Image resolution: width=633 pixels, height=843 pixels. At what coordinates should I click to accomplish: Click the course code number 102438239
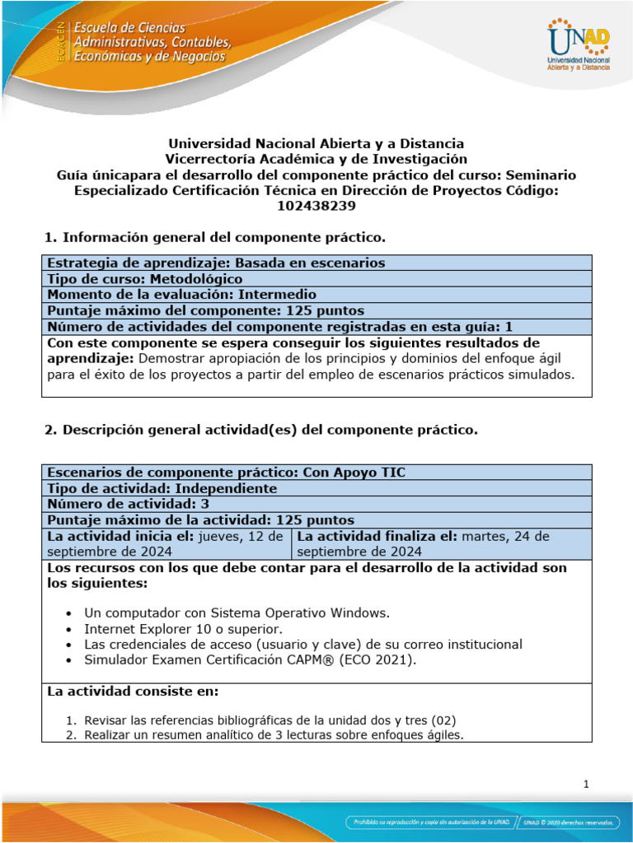pyautogui.click(x=316, y=207)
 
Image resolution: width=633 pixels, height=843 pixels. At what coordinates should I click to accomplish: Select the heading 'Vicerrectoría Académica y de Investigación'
pyautogui.click(x=316, y=159)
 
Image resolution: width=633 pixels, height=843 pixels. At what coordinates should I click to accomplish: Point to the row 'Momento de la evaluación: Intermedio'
pyautogui.click(x=181, y=294)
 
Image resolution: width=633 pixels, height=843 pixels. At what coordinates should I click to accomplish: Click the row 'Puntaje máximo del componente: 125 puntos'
pyautogui.click(x=205, y=310)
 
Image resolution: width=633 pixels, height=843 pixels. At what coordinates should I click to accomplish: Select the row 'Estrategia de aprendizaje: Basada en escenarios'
pyautogui.click(x=216, y=263)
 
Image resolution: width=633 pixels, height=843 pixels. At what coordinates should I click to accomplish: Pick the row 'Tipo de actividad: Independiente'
pyautogui.click(x=162, y=488)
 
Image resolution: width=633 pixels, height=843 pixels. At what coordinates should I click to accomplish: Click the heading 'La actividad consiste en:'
pyautogui.click(x=133, y=691)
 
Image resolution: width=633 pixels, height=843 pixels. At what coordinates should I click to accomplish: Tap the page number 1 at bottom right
pyautogui.click(x=585, y=785)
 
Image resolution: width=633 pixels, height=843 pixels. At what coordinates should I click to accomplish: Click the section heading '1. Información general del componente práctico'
pyautogui.click(x=214, y=238)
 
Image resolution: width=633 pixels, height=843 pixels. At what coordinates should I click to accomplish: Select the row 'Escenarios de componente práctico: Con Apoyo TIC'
pyautogui.click(x=227, y=472)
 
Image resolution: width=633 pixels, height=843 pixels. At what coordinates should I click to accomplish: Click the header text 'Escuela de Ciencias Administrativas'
pyautogui.click(x=152, y=35)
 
